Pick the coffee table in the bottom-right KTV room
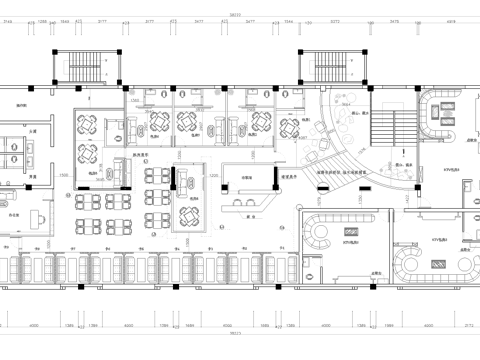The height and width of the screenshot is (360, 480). tap(437, 263)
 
